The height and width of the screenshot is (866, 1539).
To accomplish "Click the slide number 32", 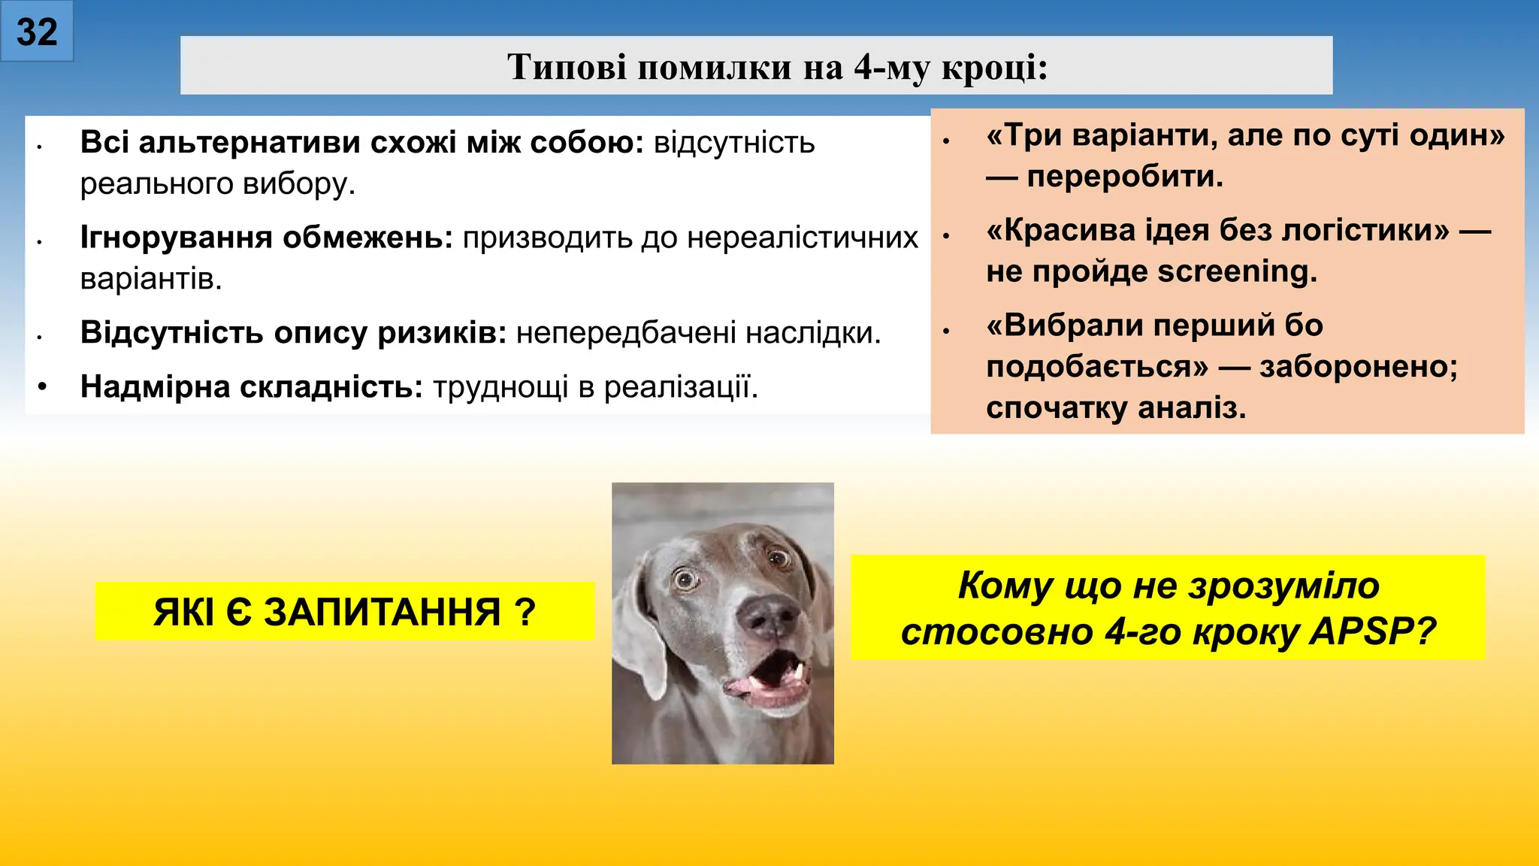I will [37, 32].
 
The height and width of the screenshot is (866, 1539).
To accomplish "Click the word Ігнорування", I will [177, 238].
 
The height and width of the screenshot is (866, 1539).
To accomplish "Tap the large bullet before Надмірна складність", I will [43, 386].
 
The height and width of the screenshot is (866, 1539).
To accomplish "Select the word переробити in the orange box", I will [1124, 177].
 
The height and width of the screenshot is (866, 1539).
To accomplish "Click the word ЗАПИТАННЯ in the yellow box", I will [382, 612].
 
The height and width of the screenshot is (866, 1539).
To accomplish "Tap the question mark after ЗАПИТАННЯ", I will [526, 612].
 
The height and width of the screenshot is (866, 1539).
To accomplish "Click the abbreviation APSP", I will [1371, 631].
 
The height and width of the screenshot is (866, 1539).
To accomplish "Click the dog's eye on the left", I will [685, 579].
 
